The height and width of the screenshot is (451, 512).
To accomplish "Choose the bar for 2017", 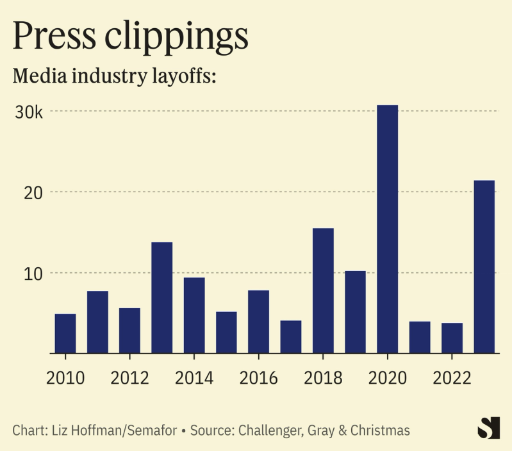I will click(291, 336).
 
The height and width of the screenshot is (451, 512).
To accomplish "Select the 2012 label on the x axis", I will click(129, 378).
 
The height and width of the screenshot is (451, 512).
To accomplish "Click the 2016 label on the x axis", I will click(258, 378).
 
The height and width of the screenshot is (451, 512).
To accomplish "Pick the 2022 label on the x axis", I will click(452, 378).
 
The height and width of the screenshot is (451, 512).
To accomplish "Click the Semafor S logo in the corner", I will click(490, 427).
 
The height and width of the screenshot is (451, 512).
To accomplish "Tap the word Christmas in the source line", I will click(378, 430).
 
